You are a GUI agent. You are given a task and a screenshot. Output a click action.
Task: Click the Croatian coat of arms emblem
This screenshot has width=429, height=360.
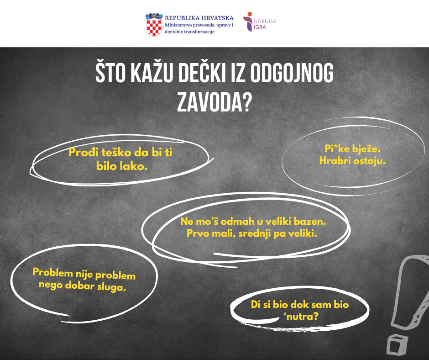(x=154, y=24)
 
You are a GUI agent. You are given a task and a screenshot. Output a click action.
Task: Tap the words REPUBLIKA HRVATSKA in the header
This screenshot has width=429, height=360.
(x=199, y=18)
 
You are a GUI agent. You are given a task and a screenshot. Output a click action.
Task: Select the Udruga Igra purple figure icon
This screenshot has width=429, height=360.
(x=248, y=21)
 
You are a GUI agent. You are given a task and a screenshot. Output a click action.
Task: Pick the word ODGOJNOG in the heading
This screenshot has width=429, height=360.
(x=292, y=73)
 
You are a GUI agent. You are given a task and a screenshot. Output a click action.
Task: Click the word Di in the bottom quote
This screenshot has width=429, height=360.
(x=256, y=304)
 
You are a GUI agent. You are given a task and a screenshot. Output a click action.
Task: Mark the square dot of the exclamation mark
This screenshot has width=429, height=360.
(x=397, y=344)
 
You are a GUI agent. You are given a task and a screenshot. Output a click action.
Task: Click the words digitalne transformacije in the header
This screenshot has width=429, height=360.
(x=189, y=32)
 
